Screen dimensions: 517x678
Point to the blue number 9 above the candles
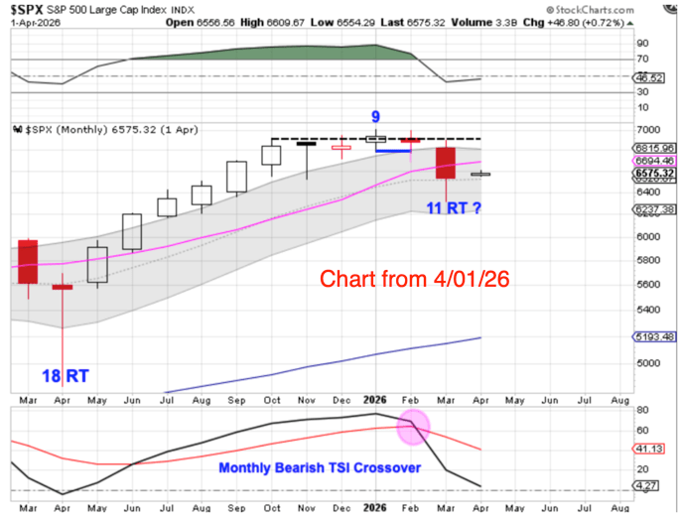pyautogui.click(x=375, y=116)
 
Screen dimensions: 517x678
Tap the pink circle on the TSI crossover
pyautogui.click(x=413, y=428)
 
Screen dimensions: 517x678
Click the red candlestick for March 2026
pyautogui.click(x=445, y=163)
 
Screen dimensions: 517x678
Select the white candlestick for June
pyautogui.click(x=131, y=231)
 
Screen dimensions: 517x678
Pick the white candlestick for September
pyautogui.click(x=236, y=177)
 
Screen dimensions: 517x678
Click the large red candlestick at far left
pyautogui.click(x=27, y=263)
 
